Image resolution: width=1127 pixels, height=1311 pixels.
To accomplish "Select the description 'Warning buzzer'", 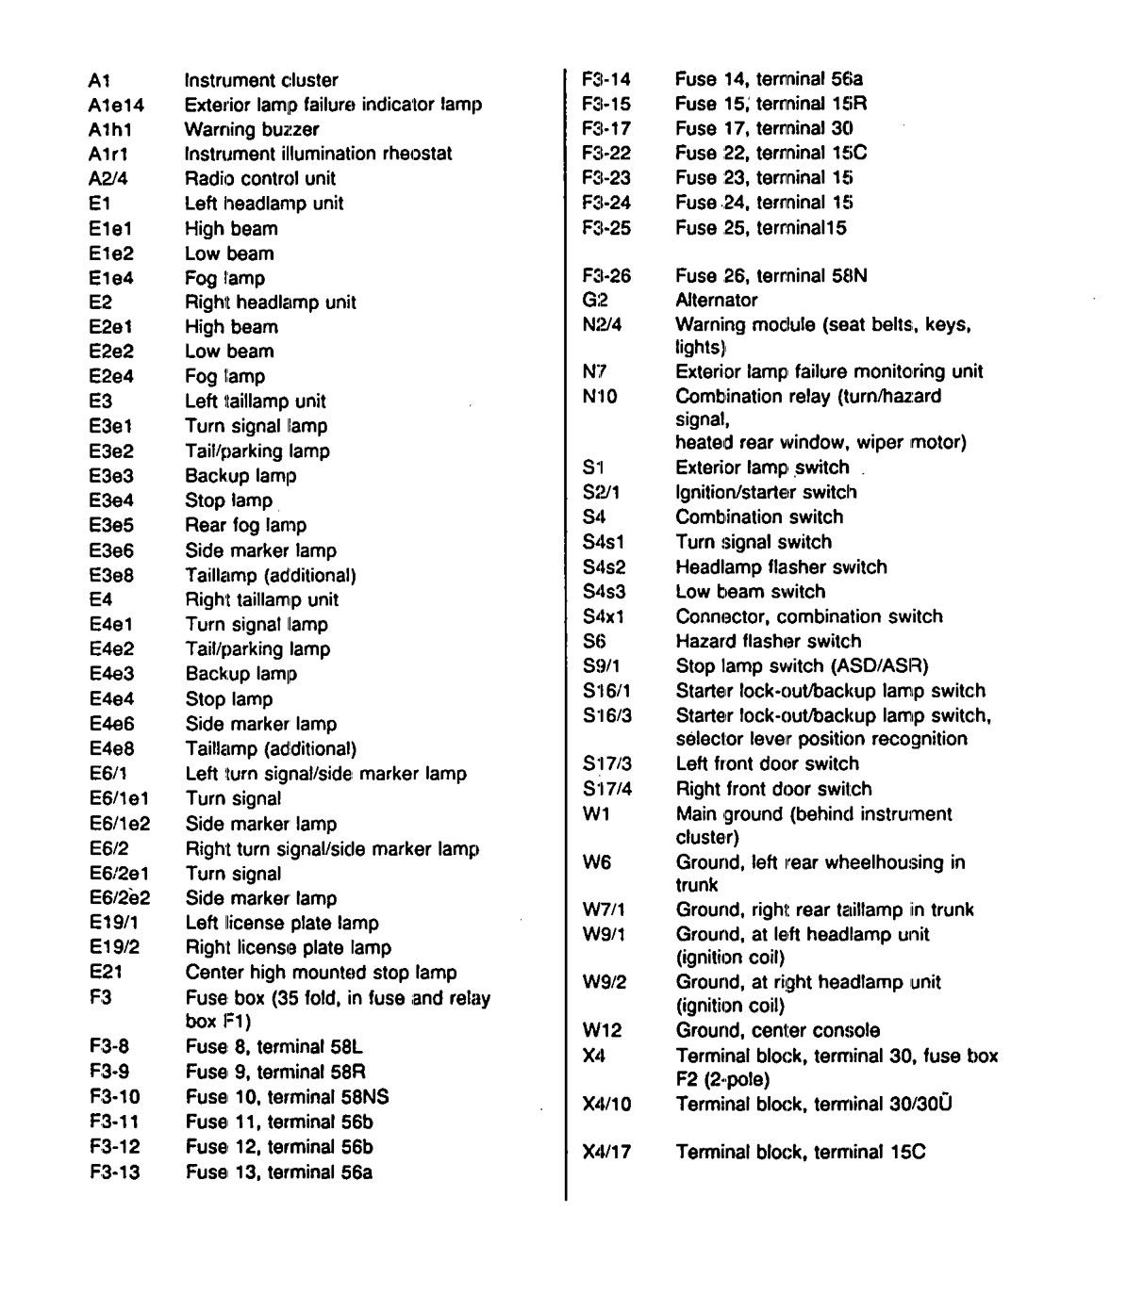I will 252,129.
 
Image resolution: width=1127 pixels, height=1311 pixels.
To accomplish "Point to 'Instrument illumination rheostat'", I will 318,154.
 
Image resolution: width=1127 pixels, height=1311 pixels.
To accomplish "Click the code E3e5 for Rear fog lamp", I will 111,525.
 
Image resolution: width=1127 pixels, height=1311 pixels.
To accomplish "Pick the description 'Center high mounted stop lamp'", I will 321,973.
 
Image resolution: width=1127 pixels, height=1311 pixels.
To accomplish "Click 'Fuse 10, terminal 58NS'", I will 287,1097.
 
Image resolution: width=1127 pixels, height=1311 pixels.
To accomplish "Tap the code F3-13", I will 115,1172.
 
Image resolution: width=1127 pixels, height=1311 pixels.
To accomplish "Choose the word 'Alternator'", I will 716,301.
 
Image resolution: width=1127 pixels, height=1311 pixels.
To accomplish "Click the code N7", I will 594,371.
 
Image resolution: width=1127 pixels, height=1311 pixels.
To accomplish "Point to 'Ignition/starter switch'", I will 766,492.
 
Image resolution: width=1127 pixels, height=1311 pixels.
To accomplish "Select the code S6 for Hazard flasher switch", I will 594,641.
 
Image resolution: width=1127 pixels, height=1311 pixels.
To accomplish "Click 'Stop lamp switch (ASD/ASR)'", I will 802,665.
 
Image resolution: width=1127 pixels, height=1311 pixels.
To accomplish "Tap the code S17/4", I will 607,789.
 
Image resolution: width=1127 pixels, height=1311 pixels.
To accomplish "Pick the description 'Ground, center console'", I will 777,1031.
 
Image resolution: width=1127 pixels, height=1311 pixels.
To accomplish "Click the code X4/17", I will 607,1152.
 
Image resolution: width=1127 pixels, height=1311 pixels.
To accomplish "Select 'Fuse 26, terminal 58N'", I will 771,276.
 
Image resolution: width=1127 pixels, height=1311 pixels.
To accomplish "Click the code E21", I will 107,973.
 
